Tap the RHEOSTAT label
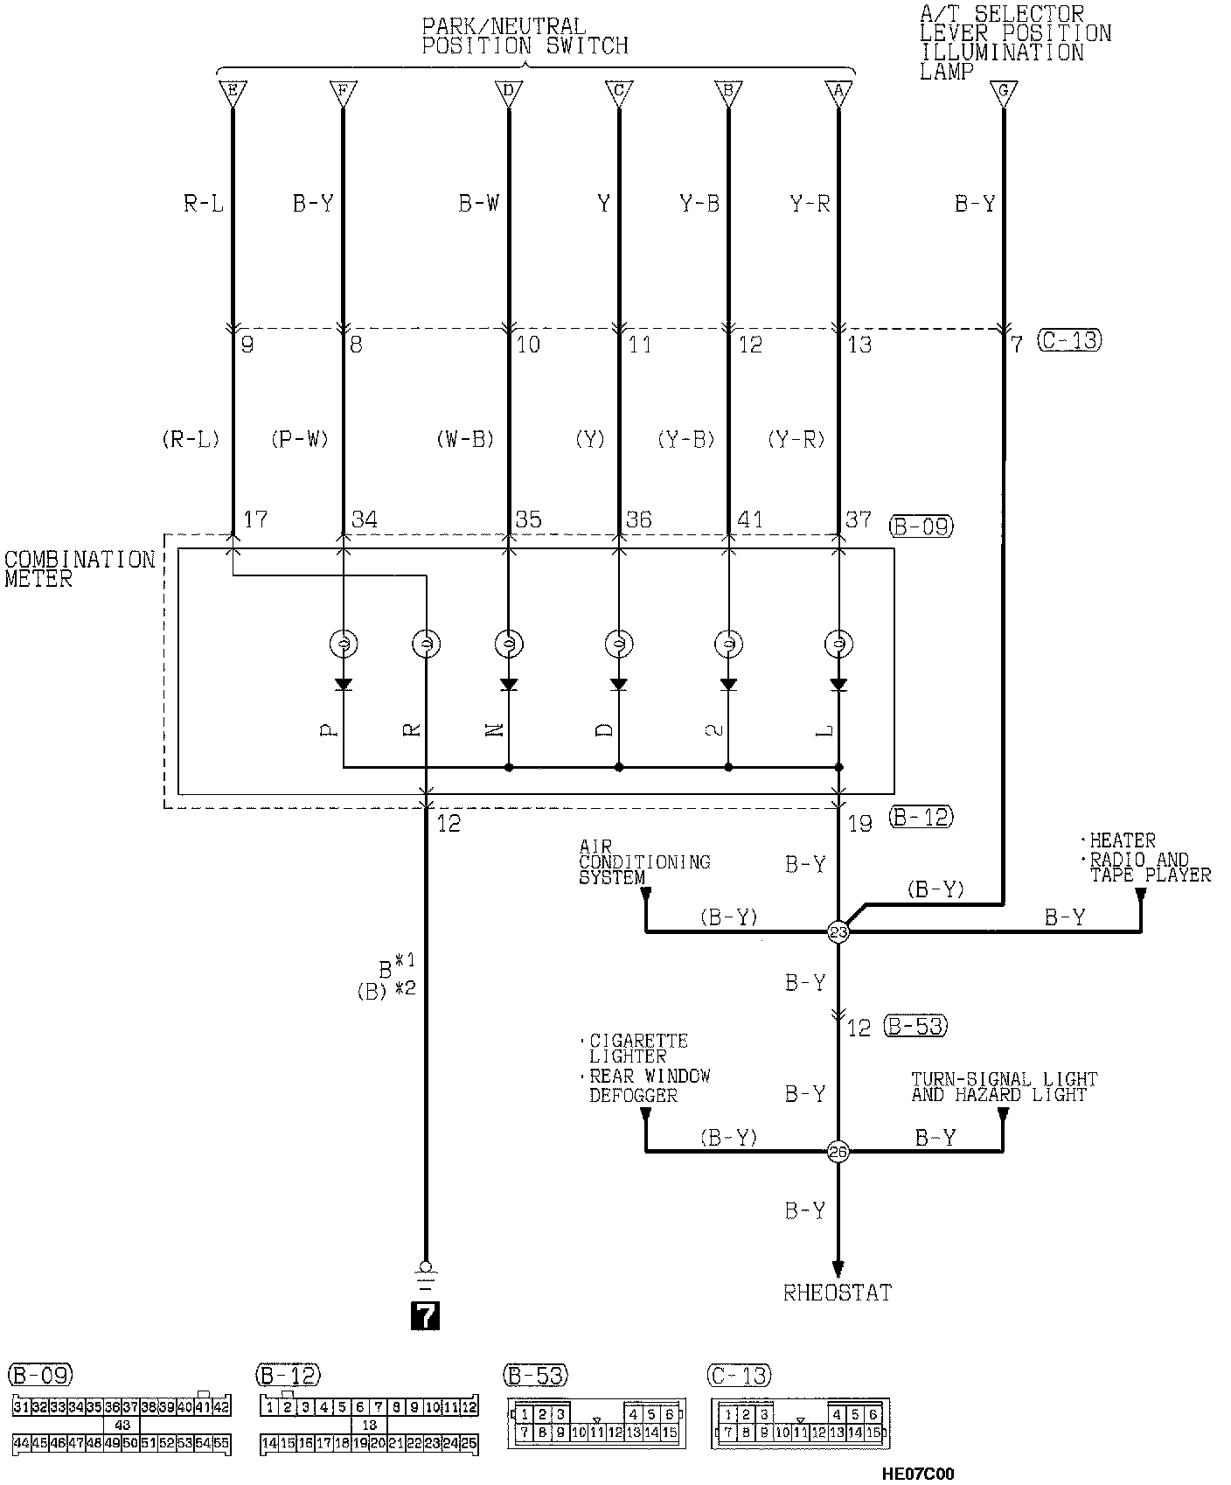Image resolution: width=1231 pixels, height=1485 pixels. tap(838, 1293)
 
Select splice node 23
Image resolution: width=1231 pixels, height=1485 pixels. tap(838, 932)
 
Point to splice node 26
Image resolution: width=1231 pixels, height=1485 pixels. tap(838, 1152)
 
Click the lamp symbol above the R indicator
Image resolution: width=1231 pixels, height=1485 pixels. tap(426, 645)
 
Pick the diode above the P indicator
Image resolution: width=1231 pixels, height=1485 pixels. tap(344, 684)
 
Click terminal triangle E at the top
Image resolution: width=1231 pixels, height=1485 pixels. tap(232, 91)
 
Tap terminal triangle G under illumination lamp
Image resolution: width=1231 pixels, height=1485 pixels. tap(1003, 91)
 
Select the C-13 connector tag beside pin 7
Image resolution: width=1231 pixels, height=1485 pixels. tap(1069, 340)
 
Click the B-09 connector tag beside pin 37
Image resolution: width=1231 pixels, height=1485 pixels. tap(920, 526)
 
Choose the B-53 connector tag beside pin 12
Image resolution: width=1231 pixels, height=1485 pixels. tap(915, 1026)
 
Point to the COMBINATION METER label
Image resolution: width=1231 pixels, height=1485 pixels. tap(79, 568)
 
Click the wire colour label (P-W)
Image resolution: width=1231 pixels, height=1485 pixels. tap(300, 439)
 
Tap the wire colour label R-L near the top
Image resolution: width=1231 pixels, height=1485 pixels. tap(204, 205)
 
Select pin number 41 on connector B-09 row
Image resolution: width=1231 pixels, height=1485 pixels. tap(750, 520)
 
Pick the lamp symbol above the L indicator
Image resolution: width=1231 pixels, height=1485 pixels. tap(838, 645)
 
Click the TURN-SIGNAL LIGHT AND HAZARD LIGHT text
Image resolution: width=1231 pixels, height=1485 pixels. tap(1003, 1086)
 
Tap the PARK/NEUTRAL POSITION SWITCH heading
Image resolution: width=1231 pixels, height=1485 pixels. tap(525, 37)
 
